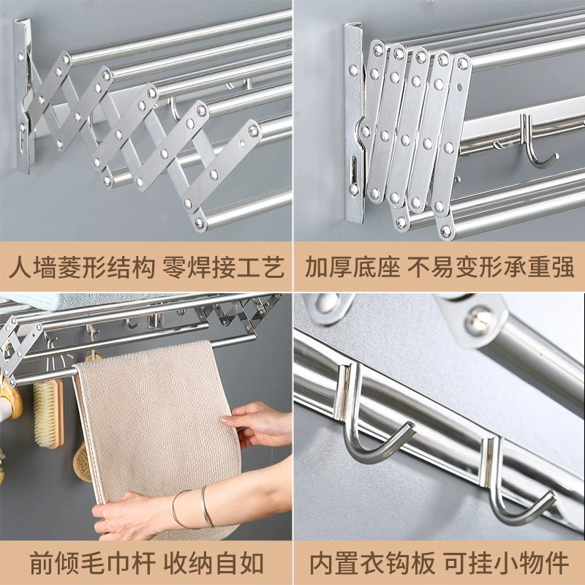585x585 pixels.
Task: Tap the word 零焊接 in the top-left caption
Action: [199, 268]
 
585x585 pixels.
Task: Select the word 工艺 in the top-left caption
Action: [260, 268]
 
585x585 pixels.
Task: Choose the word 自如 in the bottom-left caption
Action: [240, 563]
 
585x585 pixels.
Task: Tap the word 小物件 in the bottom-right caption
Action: [532, 563]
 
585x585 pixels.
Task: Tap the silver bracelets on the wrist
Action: [192, 508]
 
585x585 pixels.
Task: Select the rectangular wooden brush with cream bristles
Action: [48, 413]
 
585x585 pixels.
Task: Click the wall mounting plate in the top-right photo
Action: [353, 123]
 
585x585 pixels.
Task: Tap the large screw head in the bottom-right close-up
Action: [479, 320]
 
